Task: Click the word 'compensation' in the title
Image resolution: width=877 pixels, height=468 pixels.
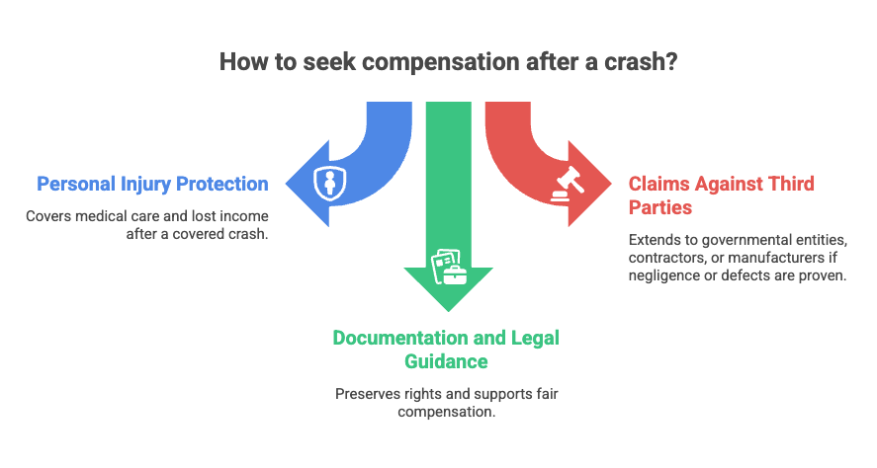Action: [x=441, y=62]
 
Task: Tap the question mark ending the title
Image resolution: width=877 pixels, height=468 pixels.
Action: [x=671, y=61]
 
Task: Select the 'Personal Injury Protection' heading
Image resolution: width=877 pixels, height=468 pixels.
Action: [x=152, y=185]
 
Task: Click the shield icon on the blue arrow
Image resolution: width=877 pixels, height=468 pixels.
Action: [x=330, y=184]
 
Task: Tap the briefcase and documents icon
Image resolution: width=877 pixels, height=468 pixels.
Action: [x=449, y=267]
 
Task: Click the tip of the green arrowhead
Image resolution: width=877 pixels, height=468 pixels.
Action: [x=448, y=311]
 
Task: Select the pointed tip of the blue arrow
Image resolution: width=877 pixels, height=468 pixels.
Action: [x=287, y=184]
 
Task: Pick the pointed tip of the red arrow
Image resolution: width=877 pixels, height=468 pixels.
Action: [x=611, y=184]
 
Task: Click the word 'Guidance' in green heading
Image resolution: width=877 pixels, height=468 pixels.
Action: [x=446, y=362]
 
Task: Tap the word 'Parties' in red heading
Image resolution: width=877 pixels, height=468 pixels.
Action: [x=660, y=207]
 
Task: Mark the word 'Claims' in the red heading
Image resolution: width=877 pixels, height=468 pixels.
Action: [x=658, y=184]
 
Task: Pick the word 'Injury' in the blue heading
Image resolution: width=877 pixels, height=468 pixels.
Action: [x=145, y=185]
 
